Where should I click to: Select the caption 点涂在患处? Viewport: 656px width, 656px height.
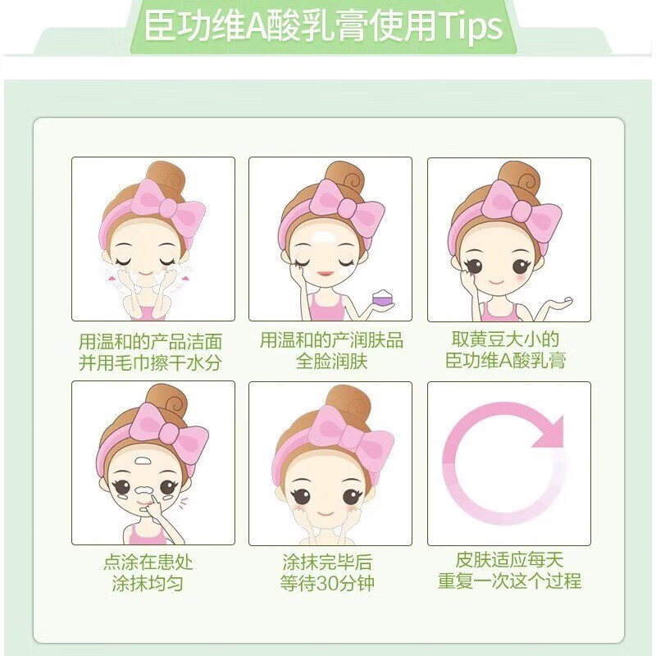pos(148,562)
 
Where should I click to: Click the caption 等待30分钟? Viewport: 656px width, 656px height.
pos(328,584)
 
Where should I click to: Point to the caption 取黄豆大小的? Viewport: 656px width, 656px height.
pos(506,339)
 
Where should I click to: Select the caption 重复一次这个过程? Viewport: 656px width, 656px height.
pos(509,581)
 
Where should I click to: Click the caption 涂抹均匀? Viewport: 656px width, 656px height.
pos(148,584)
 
